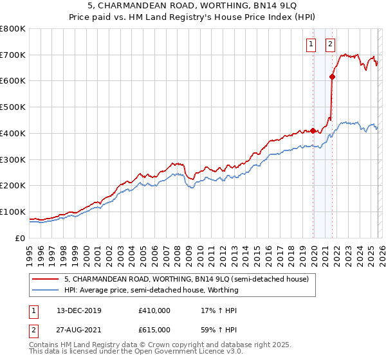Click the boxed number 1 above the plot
click(311, 44)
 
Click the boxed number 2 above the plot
click(330, 44)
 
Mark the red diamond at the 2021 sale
click(333, 76)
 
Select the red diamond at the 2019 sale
click(313, 130)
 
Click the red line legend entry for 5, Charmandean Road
click(187, 279)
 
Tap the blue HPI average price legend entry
click(151, 290)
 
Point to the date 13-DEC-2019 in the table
click(84, 310)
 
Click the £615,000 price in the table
click(154, 330)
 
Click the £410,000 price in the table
click(154, 310)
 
